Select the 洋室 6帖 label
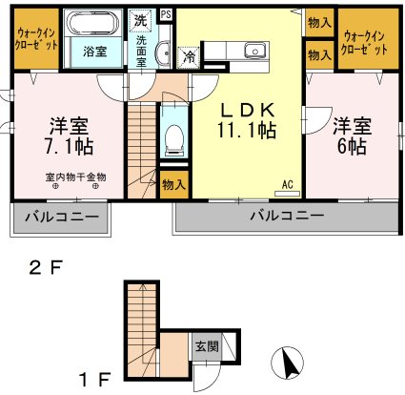350,135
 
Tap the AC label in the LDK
287,185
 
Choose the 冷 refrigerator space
189,57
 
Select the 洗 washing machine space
141,20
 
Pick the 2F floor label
44,268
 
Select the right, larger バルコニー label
283,216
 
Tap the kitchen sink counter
255,51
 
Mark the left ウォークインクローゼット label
35,38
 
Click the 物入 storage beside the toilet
172,183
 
